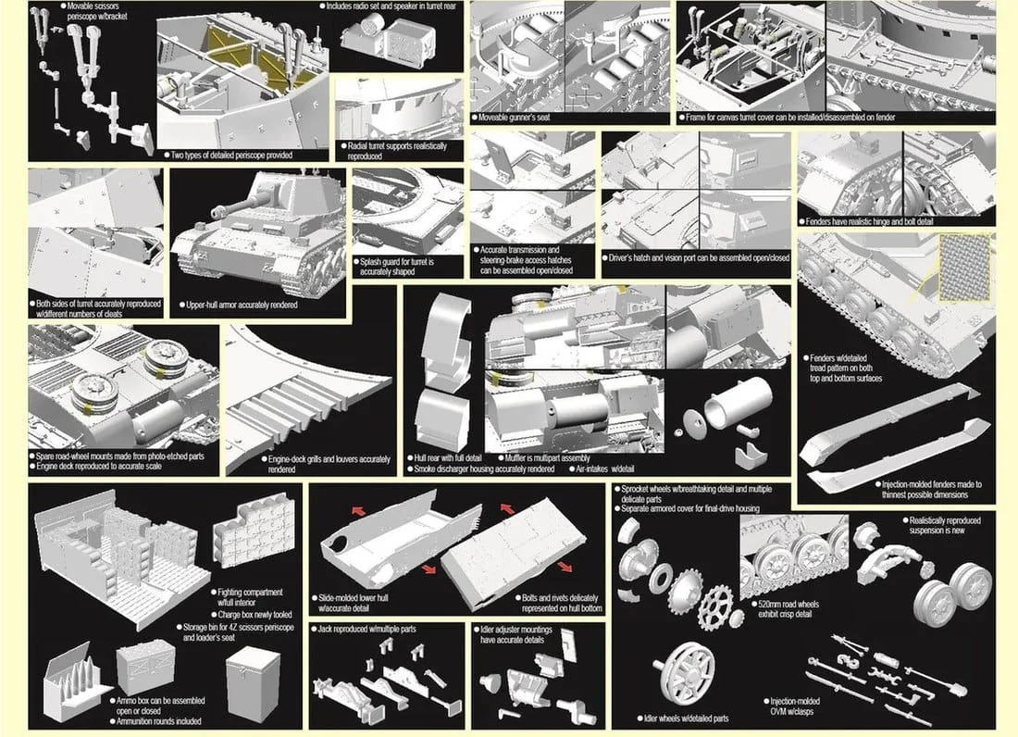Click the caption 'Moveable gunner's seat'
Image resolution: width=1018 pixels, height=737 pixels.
tap(513, 118)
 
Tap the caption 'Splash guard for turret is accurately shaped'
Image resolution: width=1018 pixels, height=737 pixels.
tap(397, 267)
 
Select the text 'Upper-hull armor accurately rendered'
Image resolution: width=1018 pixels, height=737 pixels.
tap(242, 305)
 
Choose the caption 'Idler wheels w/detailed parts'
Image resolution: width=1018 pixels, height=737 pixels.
tap(687, 718)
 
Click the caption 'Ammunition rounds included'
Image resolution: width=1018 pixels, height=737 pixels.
tap(159, 720)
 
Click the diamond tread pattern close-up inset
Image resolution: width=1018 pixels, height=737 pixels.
tap(965, 268)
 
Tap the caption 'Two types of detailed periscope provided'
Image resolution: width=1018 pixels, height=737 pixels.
tap(231, 156)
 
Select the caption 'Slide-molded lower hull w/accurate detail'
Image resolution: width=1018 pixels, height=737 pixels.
tap(354, 603)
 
